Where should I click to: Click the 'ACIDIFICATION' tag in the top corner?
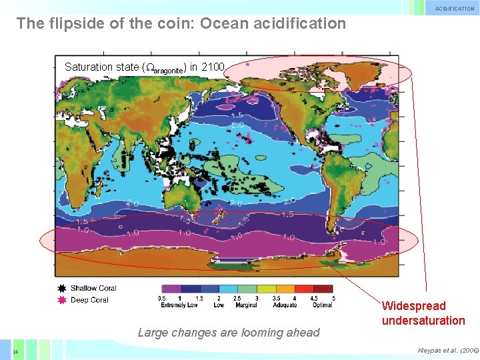tap(455, 9)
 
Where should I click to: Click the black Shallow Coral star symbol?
tap(61, 289)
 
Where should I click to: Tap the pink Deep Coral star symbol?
tap(61, 301)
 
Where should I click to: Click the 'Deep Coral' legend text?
tap(90, 301)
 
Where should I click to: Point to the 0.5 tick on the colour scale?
tap(162, 299)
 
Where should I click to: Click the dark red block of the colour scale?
tap(323, 289)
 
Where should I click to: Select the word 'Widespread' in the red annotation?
tap(413, 306)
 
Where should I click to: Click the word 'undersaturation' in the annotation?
tap(423, 321)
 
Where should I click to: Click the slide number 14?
tap(15, 351)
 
